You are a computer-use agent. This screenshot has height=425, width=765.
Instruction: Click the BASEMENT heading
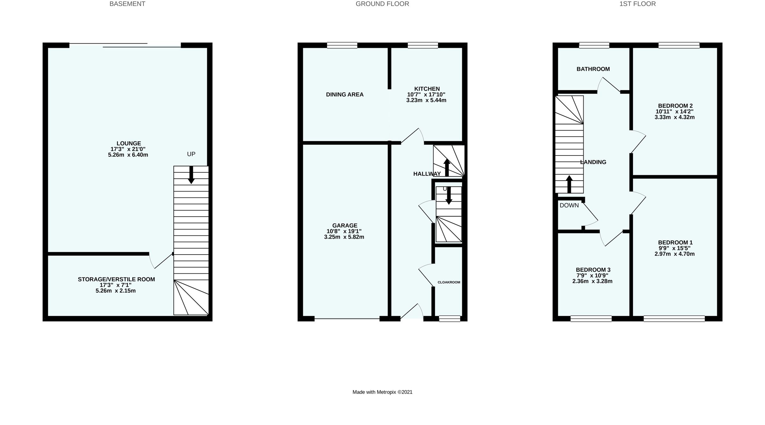click(127, 4)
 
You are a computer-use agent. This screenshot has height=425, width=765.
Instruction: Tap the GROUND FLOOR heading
click(382, 4)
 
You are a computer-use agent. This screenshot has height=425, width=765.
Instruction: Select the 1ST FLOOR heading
click(637, 4)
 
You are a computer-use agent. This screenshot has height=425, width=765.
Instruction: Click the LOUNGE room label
click(128, 143)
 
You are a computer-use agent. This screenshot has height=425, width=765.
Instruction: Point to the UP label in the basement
click(191, 154)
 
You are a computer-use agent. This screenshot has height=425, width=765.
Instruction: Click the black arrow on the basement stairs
click(191, 175)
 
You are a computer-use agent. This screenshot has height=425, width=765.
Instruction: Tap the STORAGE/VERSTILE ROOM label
click(116, 279)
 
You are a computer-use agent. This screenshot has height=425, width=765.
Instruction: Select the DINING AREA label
click(345, 95)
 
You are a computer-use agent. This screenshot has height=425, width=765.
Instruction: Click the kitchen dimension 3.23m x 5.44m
click(426, 100)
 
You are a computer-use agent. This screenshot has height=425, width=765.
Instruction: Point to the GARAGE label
click(345, 226)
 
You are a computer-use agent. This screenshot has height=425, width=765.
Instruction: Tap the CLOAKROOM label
click(449, 282)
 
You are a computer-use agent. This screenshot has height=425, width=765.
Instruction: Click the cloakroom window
click(449, 318)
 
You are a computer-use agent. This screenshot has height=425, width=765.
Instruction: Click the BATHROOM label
click(593, 69)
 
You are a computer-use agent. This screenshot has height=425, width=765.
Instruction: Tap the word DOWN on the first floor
click(569, 205)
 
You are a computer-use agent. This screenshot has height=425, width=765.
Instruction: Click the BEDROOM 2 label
click(675, 106)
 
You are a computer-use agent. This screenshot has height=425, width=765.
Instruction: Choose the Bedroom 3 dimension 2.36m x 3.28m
click(592, 281)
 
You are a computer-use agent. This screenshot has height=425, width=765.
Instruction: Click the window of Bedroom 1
click(674, 318)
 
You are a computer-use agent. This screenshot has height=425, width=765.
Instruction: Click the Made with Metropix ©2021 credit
click(382, 392)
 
